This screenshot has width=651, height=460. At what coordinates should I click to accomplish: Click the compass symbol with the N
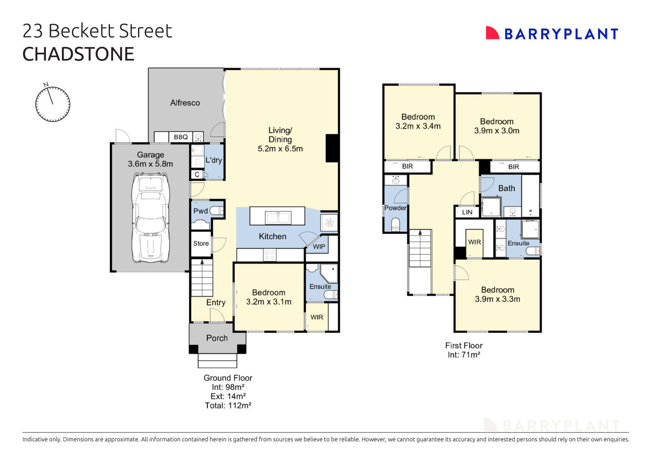52,104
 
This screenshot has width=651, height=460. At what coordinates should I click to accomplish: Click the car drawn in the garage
151,218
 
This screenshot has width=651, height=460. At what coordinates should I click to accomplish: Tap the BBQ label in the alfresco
181,137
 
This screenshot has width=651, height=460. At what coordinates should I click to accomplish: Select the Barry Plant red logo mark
492,33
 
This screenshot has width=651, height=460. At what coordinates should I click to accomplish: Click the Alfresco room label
185,103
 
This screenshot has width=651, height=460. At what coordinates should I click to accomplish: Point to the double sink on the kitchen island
278,218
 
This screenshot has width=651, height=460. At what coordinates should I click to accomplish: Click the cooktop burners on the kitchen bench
269,255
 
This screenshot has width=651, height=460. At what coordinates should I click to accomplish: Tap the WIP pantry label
319,246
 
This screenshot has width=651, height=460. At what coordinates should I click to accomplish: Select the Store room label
201,243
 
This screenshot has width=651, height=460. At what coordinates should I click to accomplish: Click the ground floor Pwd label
200,211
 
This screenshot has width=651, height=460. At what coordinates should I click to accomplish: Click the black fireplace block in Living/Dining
332,148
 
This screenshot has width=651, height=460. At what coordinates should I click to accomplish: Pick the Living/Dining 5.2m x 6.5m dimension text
280,149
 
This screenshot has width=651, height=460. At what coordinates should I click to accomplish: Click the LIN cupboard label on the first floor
467,212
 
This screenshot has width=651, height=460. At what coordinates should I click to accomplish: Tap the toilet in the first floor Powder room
395,225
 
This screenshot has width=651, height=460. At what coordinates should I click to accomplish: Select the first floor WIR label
474,242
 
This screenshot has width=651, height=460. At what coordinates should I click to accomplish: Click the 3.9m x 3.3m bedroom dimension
497,299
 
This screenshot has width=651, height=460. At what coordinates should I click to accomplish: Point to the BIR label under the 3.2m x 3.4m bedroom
407,166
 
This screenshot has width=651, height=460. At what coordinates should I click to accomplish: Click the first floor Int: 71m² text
464,355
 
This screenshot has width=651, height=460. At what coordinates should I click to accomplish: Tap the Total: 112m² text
228,405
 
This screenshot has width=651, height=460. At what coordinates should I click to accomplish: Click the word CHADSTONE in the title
78,54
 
